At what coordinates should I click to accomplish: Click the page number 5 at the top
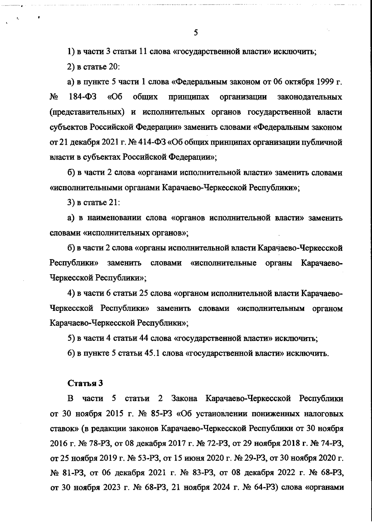coord(196,33)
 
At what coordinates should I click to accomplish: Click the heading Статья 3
coord(85,383)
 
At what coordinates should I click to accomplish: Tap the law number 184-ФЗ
coord(82,97)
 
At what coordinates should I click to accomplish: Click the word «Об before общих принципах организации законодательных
coord(114,97)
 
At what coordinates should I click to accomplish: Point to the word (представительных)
coord(87,112)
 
